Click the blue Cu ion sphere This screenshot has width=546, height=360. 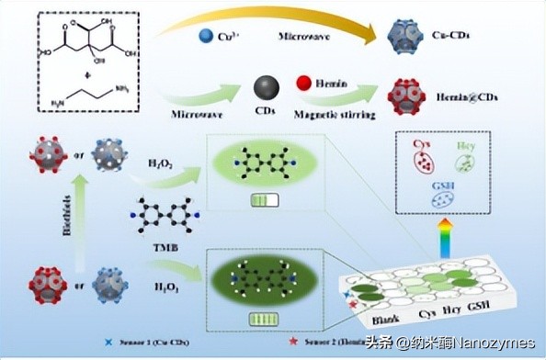click(x=206, y=39)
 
